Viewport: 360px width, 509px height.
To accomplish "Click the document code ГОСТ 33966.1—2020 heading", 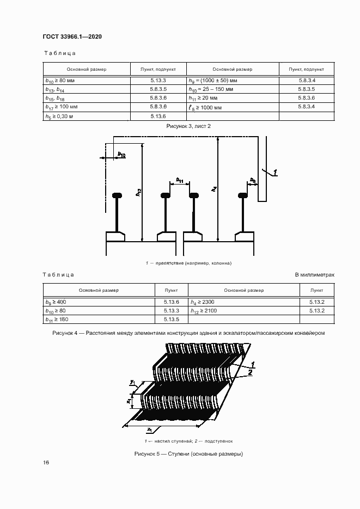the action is click(72, 36).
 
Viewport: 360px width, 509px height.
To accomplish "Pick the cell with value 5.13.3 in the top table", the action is click(158, 80).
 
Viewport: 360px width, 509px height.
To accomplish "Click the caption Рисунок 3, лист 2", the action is click(188, 126).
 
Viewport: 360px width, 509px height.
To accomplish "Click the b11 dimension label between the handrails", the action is click(180, 180).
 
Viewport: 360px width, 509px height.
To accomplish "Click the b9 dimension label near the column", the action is click(253, 180).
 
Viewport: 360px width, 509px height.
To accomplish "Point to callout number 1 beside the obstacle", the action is click(274, 172).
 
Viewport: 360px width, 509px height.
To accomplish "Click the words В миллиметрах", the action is click(315, 274).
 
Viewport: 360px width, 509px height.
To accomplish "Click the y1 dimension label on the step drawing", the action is click(132, 382).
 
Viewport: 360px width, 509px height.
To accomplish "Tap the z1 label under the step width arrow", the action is click(150, 430).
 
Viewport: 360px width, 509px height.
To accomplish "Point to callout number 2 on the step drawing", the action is click(250, 373).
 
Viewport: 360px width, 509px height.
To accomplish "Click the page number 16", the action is click(46, 462).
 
